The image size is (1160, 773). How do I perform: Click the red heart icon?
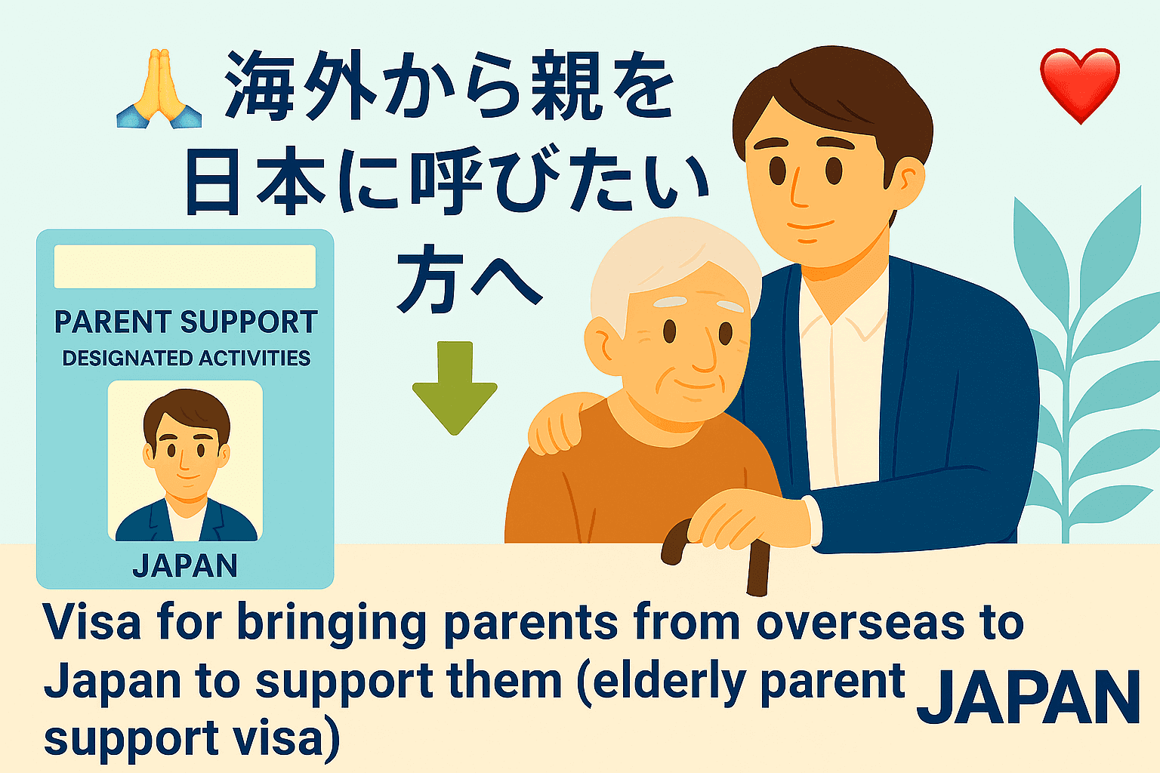pos(1079,84)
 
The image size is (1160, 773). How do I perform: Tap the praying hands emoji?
pos(159,88)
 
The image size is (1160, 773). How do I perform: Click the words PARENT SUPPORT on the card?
pos(186,322)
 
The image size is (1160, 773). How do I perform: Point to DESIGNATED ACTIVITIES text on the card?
pos(186,358)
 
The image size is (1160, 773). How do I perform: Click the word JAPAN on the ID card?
pos(185,565)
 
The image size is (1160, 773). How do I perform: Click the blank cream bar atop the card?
pos(185,266)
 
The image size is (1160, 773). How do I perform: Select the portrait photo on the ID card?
pos(185,460)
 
